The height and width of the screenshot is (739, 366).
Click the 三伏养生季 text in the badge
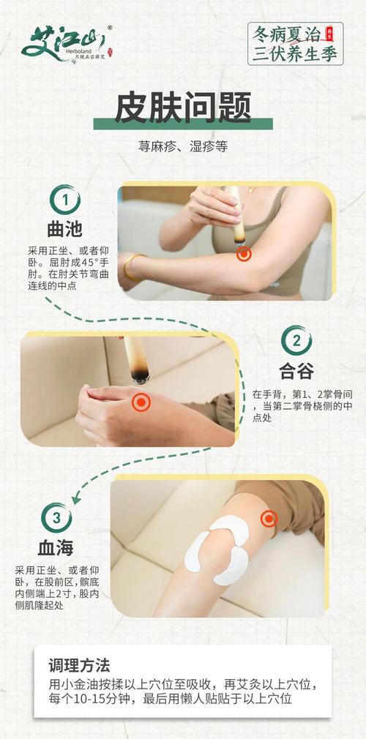click(296, 53)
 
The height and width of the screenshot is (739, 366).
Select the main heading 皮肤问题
click(182, 108)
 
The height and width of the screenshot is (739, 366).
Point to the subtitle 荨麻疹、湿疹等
click(182, 146)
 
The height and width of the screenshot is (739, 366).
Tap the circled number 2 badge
click(296, 341)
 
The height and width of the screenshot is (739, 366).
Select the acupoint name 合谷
click(296, 372)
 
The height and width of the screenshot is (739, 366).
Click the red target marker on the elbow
click(244, 254)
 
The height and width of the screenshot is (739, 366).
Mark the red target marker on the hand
click(141, 402)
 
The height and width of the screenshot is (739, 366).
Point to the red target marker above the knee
click(269, 519)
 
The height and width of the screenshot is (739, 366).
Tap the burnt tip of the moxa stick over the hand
click(137, 376)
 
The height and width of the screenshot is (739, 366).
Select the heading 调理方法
click(79, 665)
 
